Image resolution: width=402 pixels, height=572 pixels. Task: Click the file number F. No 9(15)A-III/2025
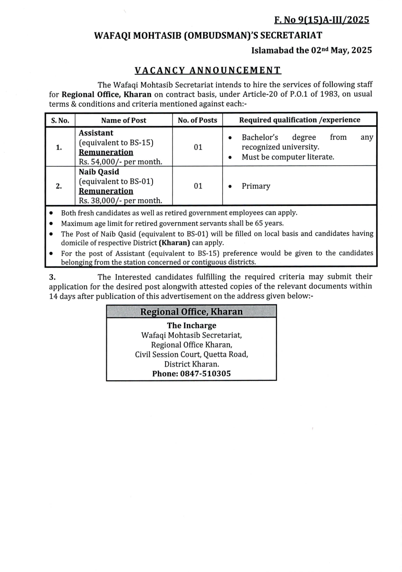(x=321, y=20)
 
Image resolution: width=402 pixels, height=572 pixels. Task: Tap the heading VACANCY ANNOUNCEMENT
(x=207, y=71)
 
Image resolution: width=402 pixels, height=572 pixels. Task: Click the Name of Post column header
(x=124, y=120)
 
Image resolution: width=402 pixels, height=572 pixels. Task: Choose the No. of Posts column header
(x=197, y=120)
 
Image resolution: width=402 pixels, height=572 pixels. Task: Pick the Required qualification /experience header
(x=299, y=120)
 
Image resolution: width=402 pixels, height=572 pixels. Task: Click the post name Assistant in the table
(x=96, y=133)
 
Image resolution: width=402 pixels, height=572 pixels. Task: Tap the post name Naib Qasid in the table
(x=99, y=172)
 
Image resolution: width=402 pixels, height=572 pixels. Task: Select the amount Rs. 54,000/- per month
(x=121, y=162)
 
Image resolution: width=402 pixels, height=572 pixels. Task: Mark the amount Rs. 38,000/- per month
(x=121, y=201)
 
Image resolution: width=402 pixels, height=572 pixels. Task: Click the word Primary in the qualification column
(x=256, y=186)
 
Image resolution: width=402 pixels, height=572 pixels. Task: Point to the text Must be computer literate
(x=288, y=157)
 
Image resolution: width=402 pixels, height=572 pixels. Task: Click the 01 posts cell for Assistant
(x=198, y=147)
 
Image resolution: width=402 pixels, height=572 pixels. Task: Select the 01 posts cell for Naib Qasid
(x=198, y=186)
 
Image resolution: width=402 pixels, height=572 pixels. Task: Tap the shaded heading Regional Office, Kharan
(x=191, y=312)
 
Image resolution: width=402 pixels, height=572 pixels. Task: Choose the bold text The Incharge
(x=191, y=326)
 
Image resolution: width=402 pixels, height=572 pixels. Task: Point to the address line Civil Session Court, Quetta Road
(x=191, y=354)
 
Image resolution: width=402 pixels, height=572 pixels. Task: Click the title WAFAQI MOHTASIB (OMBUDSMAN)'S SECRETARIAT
(x=207, y=35)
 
